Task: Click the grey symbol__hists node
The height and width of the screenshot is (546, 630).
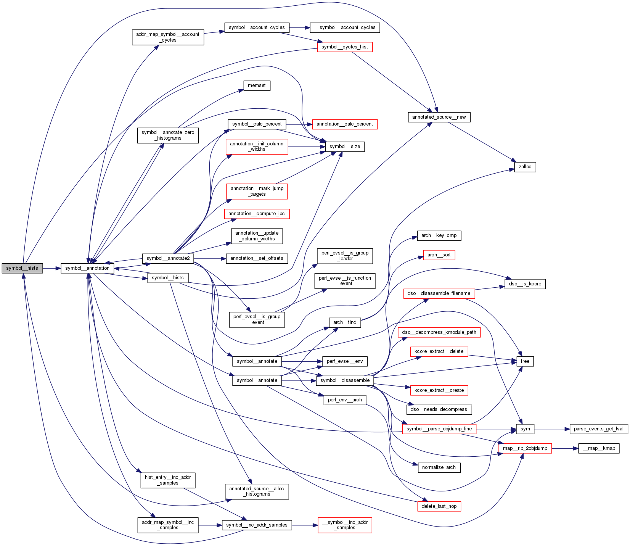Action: [x=22, y=268]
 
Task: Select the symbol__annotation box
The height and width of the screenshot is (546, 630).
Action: [x=87, y=268]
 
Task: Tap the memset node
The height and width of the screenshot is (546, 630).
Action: [x=257, y=85]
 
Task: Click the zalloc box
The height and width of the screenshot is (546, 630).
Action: [x=525, y=167]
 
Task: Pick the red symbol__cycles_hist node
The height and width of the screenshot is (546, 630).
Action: [x=345, y=47]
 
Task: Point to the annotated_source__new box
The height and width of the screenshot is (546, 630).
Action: [x=439, y=117]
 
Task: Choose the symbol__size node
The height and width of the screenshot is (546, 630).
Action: [x=345, y=147]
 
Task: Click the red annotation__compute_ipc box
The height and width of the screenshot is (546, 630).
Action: [x=257, y=214]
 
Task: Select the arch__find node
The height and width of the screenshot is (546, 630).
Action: [x=345, y=322]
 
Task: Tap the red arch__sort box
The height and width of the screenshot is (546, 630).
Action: [x=439, y=255]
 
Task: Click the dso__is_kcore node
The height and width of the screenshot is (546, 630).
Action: [x=525, y=284]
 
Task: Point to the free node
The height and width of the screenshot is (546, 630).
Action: [x=525, y=361]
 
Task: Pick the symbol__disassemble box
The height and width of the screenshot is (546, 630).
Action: [x=345, y=380]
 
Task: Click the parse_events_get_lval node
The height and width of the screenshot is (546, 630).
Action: [x=598, y=429]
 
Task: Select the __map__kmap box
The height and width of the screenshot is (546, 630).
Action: [x=599, y=448]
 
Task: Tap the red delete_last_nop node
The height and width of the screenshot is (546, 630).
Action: [x=439, y=506]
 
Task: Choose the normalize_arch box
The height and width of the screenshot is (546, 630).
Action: [x=439, y=467]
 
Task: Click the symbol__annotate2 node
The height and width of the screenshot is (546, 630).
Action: [x=168, y=258]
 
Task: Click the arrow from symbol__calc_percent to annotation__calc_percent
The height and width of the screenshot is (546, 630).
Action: [x=299, y=124]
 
